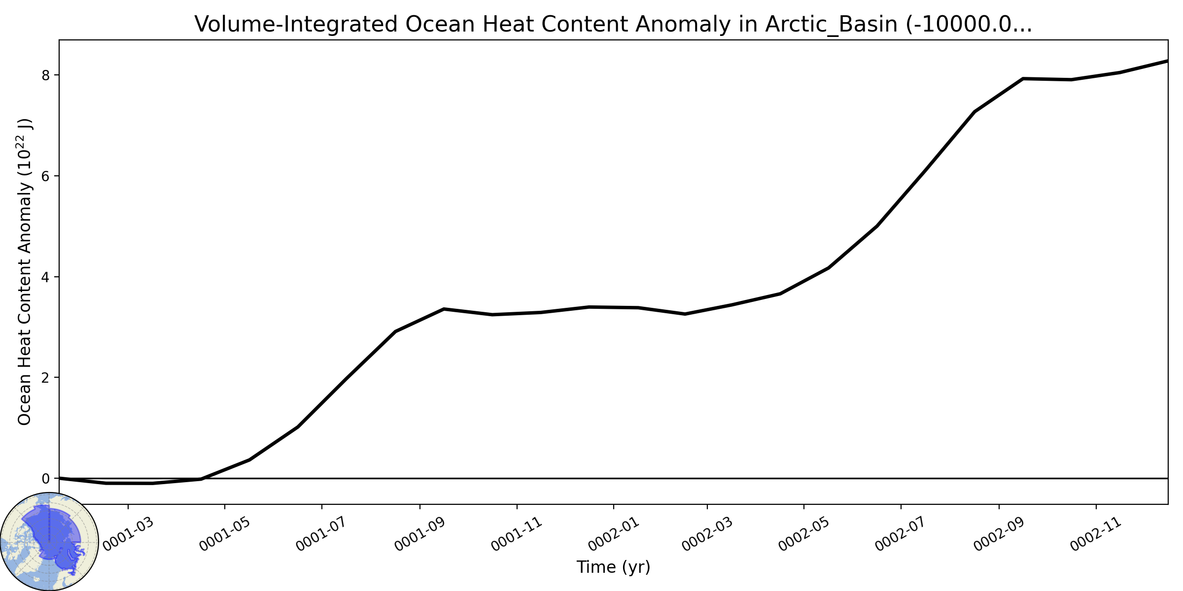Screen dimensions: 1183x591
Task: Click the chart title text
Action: click(x=613, y=24)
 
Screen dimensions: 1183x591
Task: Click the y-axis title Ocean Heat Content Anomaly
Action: click(x=25, y=272)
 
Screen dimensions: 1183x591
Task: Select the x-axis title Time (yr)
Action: click(x=613, y=567)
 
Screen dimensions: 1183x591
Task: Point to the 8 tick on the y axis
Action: click(x=46, y=75)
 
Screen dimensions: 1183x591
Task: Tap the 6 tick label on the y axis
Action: click(x=46, y=176)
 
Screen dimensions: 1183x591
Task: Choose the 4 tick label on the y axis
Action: click(x=46, y=277)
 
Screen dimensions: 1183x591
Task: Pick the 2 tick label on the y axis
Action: click(x=46, y=378)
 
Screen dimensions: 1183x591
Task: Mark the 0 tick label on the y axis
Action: click(x=46, y=479)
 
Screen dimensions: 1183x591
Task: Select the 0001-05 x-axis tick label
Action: click(x=225, y=534)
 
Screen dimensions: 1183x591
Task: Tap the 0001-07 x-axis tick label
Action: click(x=322, y=534)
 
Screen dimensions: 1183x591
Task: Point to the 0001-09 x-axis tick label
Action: click(x=420, y=534)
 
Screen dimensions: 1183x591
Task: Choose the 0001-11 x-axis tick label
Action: click(x=517, y=534)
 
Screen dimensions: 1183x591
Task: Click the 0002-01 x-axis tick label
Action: click(x=614, y=534)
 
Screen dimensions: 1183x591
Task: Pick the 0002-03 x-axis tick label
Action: click(x=707, y=534)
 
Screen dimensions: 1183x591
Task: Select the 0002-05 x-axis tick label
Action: click(x=804, y=534)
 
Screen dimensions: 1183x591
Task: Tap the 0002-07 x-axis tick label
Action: click(x=901, y=534)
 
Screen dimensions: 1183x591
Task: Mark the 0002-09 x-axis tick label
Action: click(x=999, y=534)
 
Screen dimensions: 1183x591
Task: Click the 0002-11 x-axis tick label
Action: click(x=1096, y=534)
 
